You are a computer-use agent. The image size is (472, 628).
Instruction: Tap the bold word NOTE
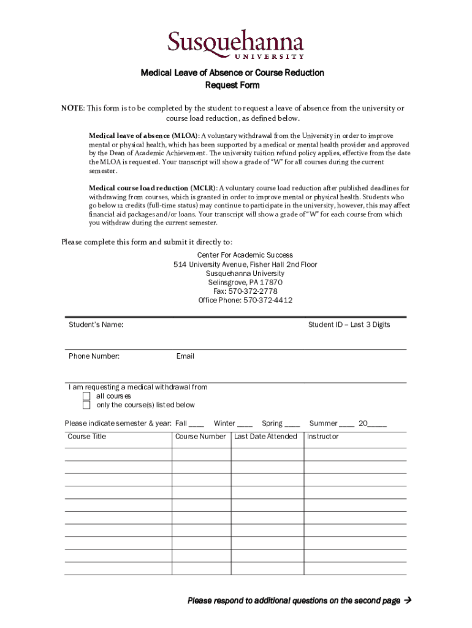pyautogui.click(x=72, y=109)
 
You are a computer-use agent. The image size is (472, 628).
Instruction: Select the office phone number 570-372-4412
pyautogui.click(x=268, y=301)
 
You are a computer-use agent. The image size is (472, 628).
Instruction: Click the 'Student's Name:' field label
pyautogui.click(x=96, y=324)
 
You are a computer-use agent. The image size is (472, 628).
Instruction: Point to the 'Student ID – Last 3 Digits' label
pyautogui.click(x=349, y=324)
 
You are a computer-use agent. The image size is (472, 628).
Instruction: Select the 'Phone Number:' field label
pyautogui.click(x=94, y=356)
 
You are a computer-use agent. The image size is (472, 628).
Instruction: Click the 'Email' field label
pyautogui.click(x=185, y=356)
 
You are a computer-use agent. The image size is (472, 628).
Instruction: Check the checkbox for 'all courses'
pyautogui.click(x=86, y=396)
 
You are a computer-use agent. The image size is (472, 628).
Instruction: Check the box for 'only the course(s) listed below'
pyautogui.click(x=86, y=405)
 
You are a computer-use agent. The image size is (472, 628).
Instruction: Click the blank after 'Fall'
pyautogui.click(x=197, y=424)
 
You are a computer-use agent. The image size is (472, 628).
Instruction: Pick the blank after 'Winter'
pyautogui.click(x=245, y=424)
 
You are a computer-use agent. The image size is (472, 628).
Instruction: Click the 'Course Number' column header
pyautogui.click(x=200, y=437)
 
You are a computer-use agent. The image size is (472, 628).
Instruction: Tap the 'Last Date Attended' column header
pyautogui.click(x=265, y=437)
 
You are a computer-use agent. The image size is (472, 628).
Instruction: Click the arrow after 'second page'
pyautogui.click(x=406, y=600)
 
